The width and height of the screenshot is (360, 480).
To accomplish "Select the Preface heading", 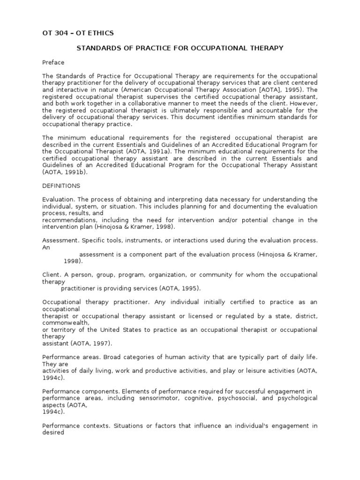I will point(53,62).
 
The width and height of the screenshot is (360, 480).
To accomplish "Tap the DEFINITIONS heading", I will point(61,186).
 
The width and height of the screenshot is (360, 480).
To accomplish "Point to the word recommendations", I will point(67,220).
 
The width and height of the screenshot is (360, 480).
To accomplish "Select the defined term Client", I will point(51,275).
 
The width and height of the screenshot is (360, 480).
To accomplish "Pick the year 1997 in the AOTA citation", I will point(101,343).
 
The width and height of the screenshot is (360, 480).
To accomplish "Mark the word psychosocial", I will point(240,398).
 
